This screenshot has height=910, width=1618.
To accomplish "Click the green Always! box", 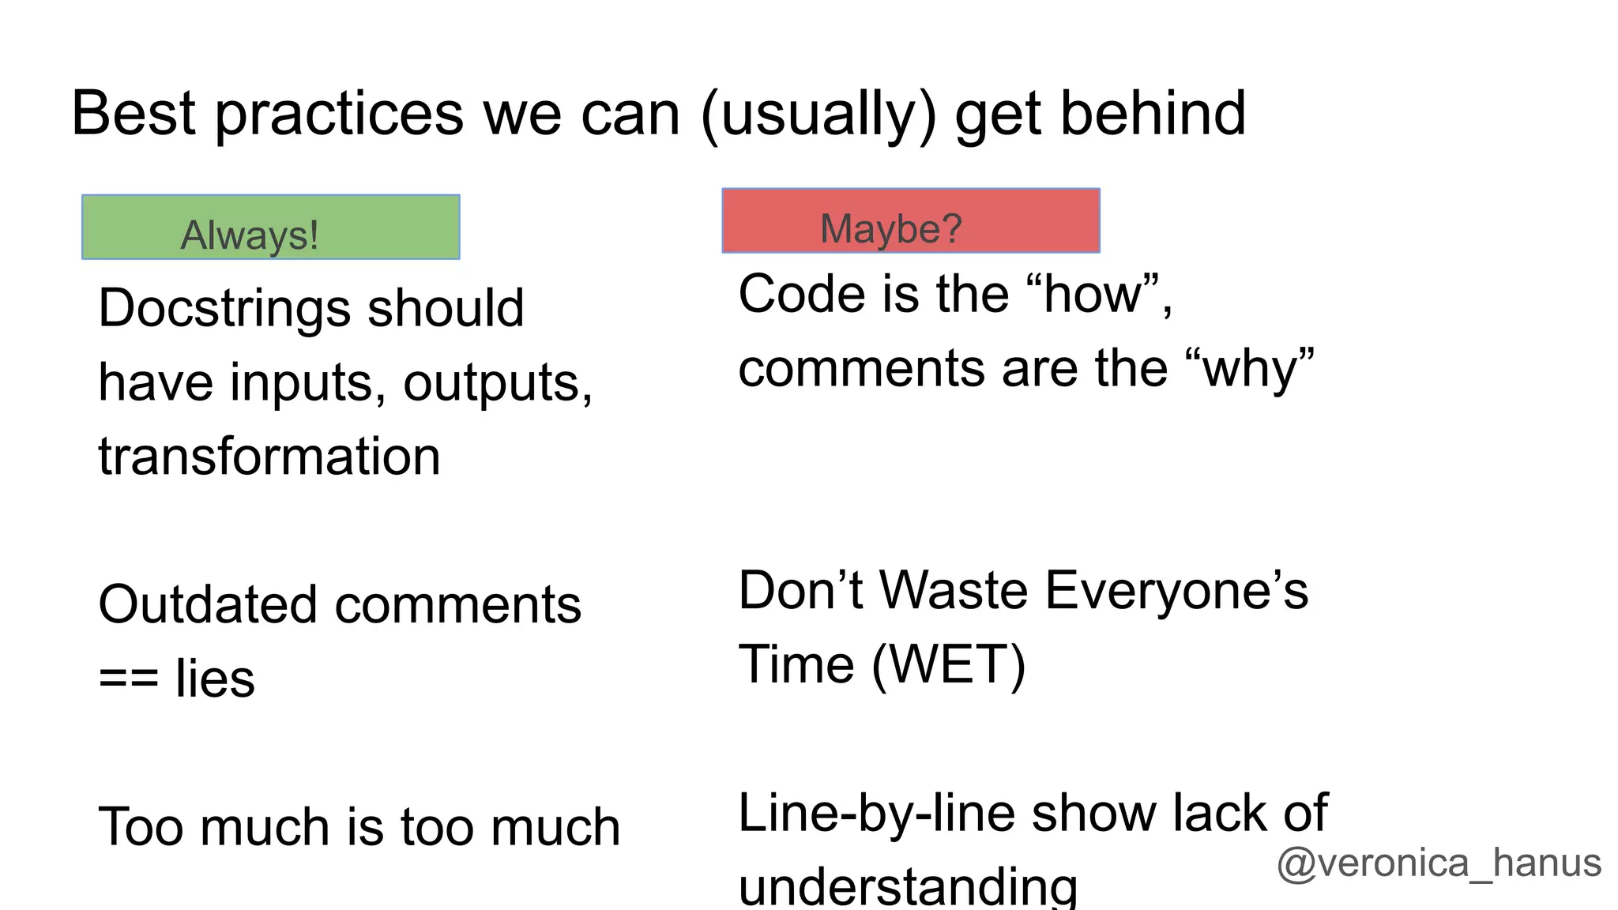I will (270, 227).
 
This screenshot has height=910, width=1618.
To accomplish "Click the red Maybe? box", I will (910, 220).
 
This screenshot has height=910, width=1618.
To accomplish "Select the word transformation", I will (269, 457).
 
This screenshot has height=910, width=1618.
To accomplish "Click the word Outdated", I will (209, 605).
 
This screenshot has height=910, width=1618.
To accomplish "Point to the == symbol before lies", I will (128, 679).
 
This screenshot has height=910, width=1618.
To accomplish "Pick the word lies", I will (215, 679).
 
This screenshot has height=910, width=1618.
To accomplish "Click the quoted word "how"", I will (1093, 295).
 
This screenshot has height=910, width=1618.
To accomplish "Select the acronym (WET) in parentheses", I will (948, 665).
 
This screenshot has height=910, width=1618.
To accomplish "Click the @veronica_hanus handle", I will (1439, 863).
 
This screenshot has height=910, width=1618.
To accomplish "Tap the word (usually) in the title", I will (818, 115).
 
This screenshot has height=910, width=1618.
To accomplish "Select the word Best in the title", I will (134, 114).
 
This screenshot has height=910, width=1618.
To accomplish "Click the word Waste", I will (954, 591).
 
